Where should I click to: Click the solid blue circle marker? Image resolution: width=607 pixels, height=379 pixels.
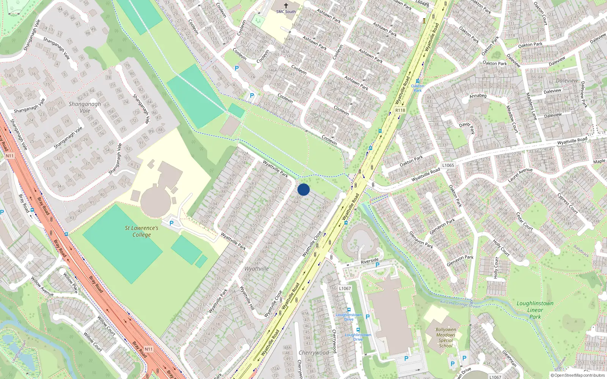point(303,189)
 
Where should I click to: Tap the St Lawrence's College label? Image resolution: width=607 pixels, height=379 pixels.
point(142,231)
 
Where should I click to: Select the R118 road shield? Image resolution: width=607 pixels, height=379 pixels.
point(400,110)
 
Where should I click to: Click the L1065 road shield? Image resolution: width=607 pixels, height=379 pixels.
point(448,165)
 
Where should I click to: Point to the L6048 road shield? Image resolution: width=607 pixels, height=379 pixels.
point(421,3)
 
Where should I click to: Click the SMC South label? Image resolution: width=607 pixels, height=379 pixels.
point(286,12)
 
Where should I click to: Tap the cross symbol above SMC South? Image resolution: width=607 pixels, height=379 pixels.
point(286,6)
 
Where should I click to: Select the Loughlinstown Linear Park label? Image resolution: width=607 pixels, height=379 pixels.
point(535,310)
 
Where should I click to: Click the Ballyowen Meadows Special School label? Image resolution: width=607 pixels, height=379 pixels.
point(446,338)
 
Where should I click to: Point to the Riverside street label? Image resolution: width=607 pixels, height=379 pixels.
point(369,261)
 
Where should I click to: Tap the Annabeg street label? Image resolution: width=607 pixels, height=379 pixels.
point(478,96)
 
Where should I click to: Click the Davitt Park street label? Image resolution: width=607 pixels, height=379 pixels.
point(467,128)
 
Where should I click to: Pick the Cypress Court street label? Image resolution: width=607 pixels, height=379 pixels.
point(568,204)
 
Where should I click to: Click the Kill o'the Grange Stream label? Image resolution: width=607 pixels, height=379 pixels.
point(460,304)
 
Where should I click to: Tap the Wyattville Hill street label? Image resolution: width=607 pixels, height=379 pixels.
point(247,298)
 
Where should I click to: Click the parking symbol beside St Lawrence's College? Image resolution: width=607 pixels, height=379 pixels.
point(171,223)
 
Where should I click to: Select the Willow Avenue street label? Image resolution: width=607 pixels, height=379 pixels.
point(42,287)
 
